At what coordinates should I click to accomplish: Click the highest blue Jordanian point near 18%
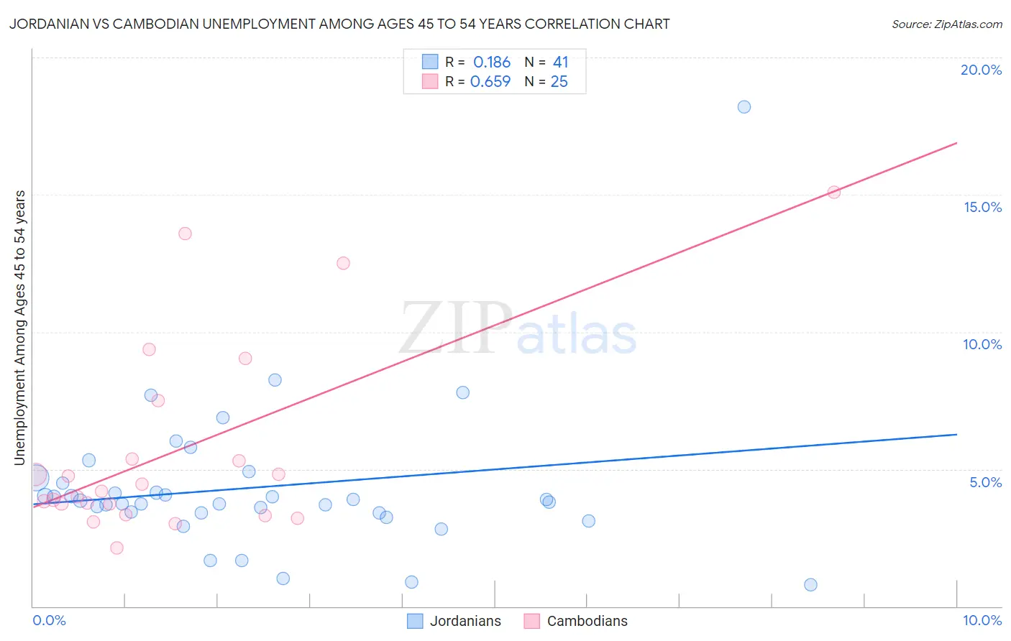tap(744, 107)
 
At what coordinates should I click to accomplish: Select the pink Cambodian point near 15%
tap(834, 192)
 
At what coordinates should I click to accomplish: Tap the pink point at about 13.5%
tap(185, 234)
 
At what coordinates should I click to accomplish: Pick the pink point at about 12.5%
tap(343, 263)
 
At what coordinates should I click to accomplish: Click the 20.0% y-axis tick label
tap(981, 70)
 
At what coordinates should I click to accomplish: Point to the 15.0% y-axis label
tap(982, 207)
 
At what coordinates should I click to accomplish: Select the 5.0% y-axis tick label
tap(985, 482)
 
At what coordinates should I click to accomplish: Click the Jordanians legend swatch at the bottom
tap(415, 621)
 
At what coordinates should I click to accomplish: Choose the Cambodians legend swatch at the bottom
tap(531, 621)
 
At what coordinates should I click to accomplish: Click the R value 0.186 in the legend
tap(492, 63)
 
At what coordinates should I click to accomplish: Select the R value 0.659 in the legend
tap(490, 82)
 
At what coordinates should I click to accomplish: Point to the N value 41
tap(560, 63)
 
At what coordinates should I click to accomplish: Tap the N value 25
tap(559, 82)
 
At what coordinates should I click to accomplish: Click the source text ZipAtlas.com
tap(966, 24)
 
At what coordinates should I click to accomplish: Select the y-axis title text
tap(19, 328)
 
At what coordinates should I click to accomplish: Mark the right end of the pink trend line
tap(956, 143)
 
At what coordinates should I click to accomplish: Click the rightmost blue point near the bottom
tap(810, 585)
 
